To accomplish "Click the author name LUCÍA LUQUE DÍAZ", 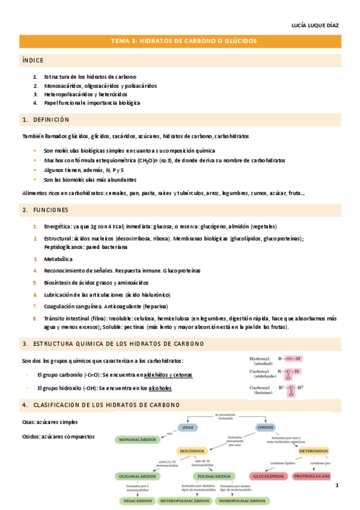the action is (315, 26).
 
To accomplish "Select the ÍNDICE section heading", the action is (32, 60).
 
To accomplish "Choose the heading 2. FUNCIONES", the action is (44, 210).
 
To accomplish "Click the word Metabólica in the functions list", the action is (58, 259).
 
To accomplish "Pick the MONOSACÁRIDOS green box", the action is (136, 440).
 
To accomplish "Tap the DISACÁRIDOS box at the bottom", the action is (135, 500).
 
